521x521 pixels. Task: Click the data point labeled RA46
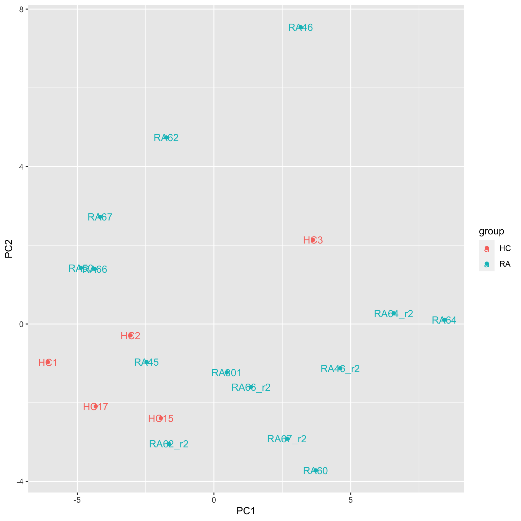[x=300, y=27]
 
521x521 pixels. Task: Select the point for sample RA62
[x=166, y=137]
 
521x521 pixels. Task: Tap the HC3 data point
[x=313, y=240]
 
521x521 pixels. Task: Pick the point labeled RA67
[x=100, y=217]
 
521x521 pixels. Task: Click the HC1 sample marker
[x=48, y=362]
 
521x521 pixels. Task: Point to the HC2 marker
[x=131, y=335]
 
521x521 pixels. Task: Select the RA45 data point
[x=147, y=362]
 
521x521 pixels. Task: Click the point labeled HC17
[x=95, y=406]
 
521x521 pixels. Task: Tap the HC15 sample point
[x=160, y=418]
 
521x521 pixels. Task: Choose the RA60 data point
[x=315, y=470]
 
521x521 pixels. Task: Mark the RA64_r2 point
[x=393, y=313]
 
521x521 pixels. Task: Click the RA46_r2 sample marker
[x=340, y=368]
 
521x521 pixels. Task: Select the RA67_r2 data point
[x=287, y=439]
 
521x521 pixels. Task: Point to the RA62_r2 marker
[x=169, y=444]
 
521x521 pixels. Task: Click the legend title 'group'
[x=491, y=231]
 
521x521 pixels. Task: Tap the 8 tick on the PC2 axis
[x=21, y=9]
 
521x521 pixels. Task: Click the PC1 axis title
[x=246, y=511]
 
